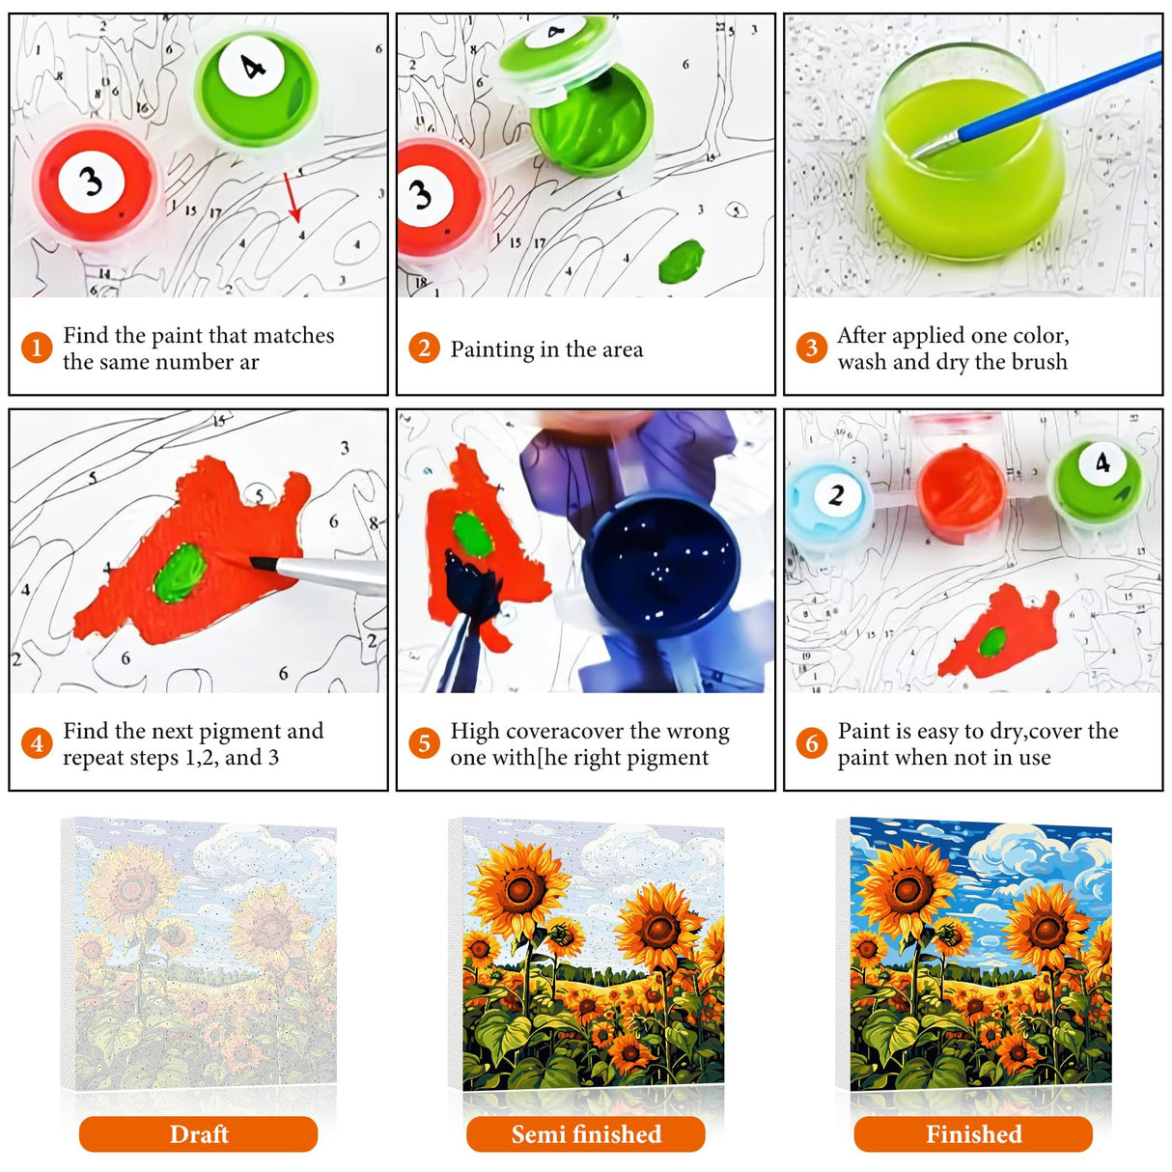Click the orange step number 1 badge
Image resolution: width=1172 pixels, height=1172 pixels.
pyautogui.click(x=37, y=348)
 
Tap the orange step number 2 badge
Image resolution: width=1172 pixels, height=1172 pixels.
pyautogui.click(x=424, y=348)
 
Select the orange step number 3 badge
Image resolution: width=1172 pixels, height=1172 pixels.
pyautogui.click(x=811, y=348)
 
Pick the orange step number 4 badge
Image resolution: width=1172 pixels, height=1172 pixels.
pyautogui.click(x=37, y=742)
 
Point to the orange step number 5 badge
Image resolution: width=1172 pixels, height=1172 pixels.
pyautogui.click(x=424, y=742)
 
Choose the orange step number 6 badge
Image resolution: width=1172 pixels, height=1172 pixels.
pyautogui.click(x=811, y=742)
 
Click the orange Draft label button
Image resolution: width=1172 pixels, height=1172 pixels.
pyautogui.click(x=198, y=1133)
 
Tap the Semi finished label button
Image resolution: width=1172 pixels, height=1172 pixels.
pyautogui.click(x=586, y=1133)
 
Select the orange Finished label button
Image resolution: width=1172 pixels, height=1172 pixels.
pyautogui.click(x=973, y=1133)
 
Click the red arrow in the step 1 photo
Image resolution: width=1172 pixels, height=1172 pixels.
pyautogui.click(x=292, y=197)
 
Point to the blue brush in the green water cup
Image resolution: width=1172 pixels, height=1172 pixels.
pyautogui.click(x=1036, y=105)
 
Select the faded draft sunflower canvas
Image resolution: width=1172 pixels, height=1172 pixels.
pyautogui.click(x=198, y=956)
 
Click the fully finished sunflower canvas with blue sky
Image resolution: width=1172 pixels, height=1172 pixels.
pyautogui.click(x=973, y=956)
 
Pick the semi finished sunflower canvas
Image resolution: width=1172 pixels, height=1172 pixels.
pyautogui.click(x=586, y=956)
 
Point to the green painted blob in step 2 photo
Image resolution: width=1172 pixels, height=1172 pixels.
pyautogui.click(x=682, y=261)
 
